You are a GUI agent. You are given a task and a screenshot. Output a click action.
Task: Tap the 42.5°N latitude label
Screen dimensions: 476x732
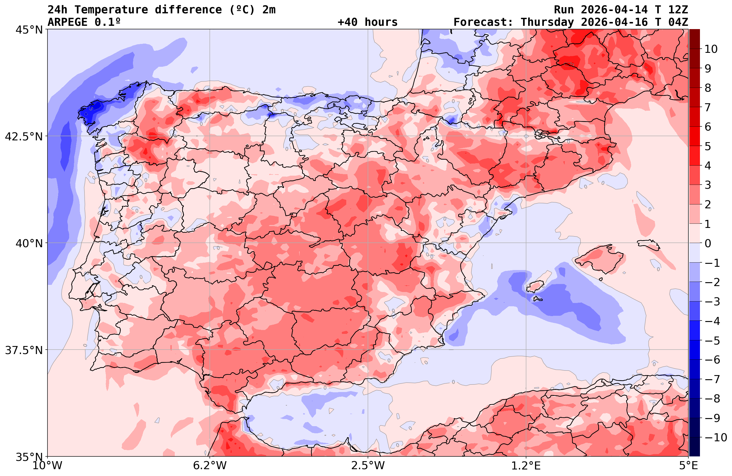24,137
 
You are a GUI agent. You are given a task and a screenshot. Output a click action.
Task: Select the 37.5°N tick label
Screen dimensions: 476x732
24,350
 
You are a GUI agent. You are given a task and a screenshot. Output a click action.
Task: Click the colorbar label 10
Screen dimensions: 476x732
711,49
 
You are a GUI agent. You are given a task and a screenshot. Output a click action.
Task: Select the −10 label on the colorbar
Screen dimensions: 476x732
715,437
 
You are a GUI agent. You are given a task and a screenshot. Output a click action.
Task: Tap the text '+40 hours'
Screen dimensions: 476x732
368,22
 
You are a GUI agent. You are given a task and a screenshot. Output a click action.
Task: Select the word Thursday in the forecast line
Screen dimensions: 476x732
547,22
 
